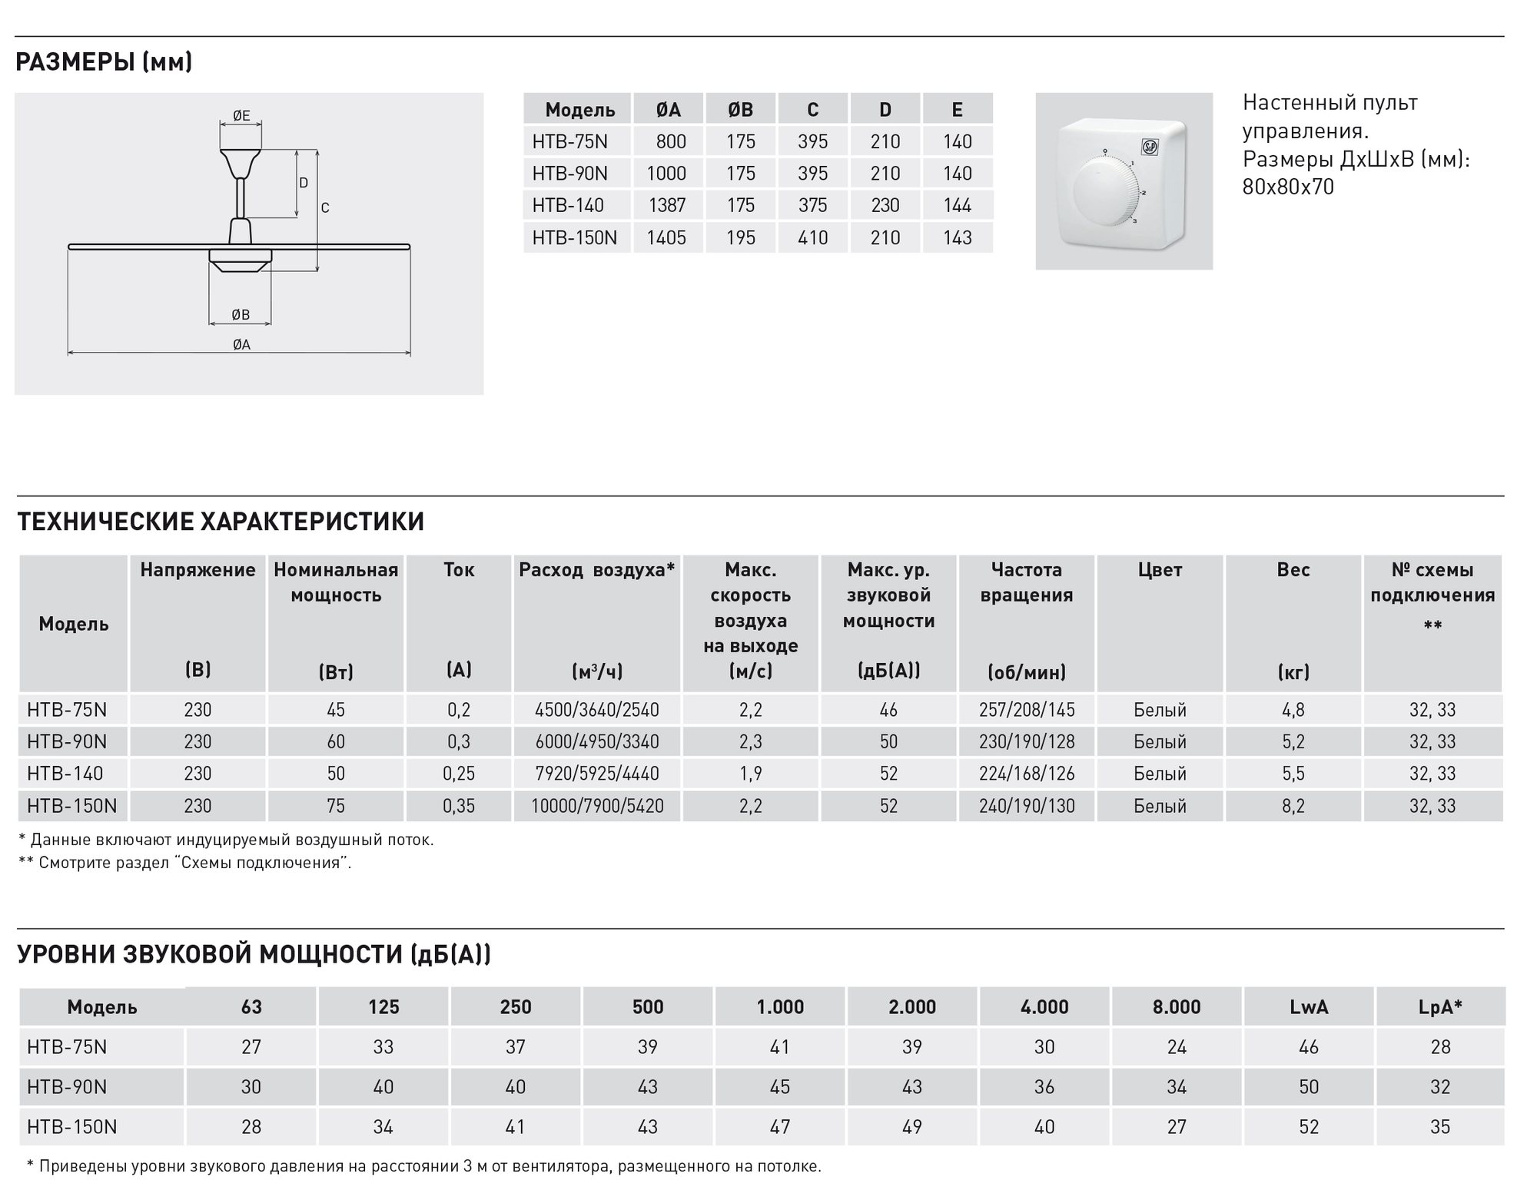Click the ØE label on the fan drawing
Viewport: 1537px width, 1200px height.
pyautogui.click(x=241, y=116)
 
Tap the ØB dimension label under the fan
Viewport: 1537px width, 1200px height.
pyautogui.click(x=241, y=314)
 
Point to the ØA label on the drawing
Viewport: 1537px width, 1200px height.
pyautogui.click(x=241, y=345)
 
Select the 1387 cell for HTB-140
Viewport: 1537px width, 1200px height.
pyautogui.click(x=666, y=206)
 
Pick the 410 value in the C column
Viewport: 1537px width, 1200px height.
pyautogui.click(x=812, y=238)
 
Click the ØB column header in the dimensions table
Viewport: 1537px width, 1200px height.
pyautogui.click(x=740, y=110)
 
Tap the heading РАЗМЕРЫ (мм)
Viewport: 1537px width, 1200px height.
pyautogui.click(x=104, y=62)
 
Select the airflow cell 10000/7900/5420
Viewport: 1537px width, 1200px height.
pyautogui.click(x=597, y=806)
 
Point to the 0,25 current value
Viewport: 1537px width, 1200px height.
pyautogui.click(x=459, y=774)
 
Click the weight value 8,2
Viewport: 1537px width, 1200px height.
pyautogui.click(x=1293, y=806)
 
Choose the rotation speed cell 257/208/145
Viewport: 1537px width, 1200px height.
pyautogui.click(x=1027, y=710)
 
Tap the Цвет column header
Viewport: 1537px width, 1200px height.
pyautogui.click(x=1160, y=570)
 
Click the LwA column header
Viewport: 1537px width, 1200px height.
pyautogui.click(x=1308, y=1007)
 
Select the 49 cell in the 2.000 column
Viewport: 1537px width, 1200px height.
pyautogui.click(x=911, y=1127)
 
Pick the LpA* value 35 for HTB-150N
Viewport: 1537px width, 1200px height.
pyautogui.click(x=1440, y=1127)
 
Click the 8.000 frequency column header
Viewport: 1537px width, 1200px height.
pyautogui.click(x=1176, y=1007)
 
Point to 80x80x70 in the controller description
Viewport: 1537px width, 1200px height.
pyautogui.click(x=1288, y=187)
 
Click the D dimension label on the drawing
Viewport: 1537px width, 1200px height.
pyautogui.click(x=304, y=183)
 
